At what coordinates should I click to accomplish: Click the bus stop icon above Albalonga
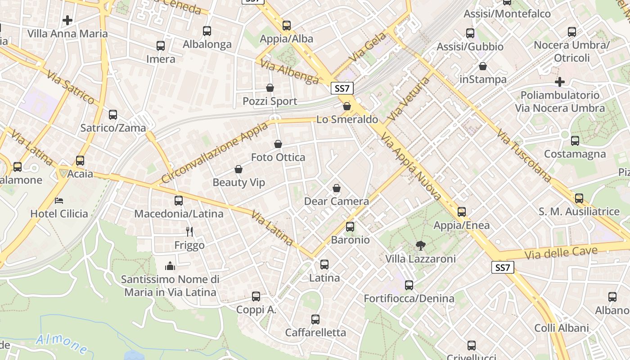click(207, 31)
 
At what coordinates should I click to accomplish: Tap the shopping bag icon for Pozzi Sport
click(270, 88)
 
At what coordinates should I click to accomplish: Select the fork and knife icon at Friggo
click(189, 232)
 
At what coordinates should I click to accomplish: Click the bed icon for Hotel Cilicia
click(59, 200)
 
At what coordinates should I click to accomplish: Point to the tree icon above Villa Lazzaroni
click(420, 245)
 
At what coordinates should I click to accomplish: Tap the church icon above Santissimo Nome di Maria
click(170, 266)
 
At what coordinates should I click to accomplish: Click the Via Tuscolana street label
click(524, 156)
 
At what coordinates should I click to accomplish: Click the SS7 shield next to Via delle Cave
click(502, 268)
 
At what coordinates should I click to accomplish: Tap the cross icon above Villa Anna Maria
click(67, 20)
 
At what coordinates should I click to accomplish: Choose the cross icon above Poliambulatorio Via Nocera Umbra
click(559, 82)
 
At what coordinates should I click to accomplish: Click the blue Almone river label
click(62, 343)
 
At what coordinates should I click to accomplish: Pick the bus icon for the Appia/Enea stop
click(461, 212)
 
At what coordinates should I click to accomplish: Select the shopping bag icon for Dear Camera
click(336, 188)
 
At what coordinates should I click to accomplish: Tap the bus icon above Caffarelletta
click(315, 319)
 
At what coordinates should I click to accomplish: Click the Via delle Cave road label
click(562, 253)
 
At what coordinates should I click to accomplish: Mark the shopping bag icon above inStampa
click(483, 67)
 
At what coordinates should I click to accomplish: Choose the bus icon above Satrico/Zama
click(113, 115)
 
